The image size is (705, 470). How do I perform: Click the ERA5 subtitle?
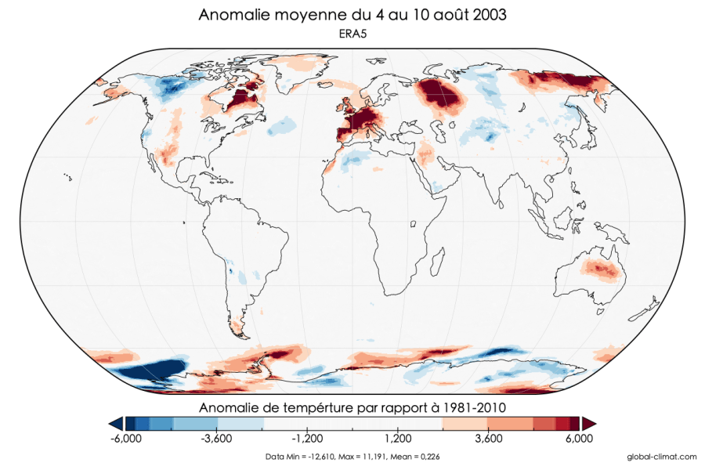coord(352,34)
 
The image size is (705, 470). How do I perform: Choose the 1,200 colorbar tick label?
coord(398,439)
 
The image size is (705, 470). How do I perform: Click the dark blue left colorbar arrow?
coord(115,422)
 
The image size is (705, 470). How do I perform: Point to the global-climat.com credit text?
coord(662,457)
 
